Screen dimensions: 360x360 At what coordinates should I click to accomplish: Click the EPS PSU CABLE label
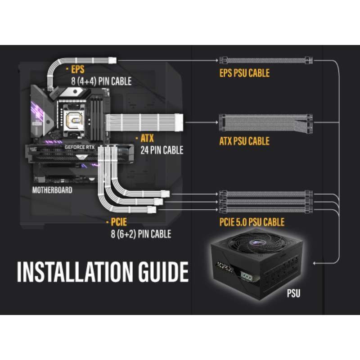tap(244, 72)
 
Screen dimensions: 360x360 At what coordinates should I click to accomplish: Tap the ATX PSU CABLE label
tap(244, 141)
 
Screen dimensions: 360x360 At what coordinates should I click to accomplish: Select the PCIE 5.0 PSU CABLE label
tap(252, 222)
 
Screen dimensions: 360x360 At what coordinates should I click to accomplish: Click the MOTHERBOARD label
tap(52, 190)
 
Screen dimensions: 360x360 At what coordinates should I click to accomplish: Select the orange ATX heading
tap(148, 139)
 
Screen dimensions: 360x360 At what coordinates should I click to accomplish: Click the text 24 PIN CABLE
tap(162, 150)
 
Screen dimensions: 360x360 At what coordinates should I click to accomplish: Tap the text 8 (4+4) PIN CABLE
tap(101, 81)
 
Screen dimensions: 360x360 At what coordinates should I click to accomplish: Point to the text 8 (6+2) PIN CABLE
tap(141, 234)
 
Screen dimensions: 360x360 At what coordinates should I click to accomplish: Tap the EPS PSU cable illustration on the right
tap(265, 60)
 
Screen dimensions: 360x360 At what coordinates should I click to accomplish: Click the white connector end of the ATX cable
tap(180, 122)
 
